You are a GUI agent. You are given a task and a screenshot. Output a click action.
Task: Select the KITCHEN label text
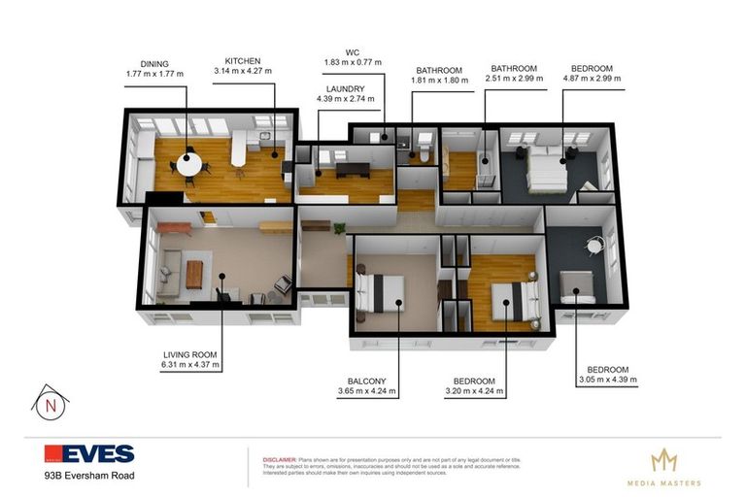coord(244,59)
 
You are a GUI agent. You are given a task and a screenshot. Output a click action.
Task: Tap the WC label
coord(353,51)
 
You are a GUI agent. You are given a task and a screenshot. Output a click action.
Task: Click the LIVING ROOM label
coord(190,354)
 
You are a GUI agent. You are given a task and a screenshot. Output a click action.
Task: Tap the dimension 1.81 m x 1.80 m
coord(439,82)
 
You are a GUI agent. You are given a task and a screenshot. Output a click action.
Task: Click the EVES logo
coord(89,453)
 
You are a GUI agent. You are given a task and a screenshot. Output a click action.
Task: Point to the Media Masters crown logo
coord(662,460)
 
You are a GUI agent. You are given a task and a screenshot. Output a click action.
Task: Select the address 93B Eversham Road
coord(88,476)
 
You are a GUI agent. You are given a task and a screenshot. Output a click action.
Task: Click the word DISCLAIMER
coord(282,454)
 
